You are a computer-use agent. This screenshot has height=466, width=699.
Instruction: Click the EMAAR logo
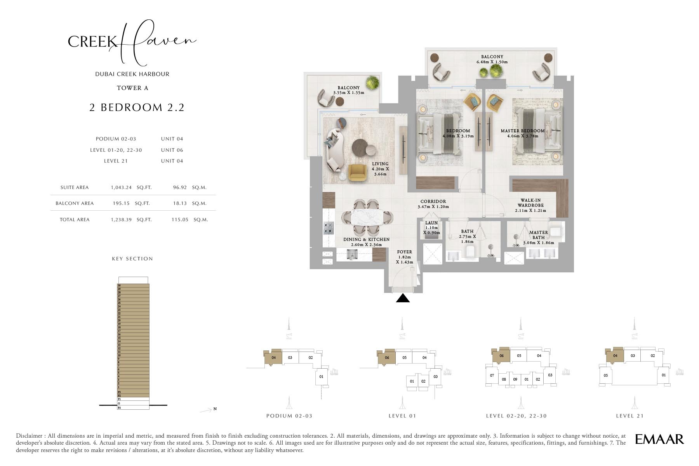[659, 439]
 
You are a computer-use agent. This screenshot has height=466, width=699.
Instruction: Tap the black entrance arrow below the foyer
[403, 298]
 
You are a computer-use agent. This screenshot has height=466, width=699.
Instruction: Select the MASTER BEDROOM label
[522, 131]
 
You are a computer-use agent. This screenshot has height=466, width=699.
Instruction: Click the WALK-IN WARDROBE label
[530, 203]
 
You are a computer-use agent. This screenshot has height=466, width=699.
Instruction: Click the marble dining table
[367, 217]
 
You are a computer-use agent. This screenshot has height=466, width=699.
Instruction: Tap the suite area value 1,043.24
[121, 187]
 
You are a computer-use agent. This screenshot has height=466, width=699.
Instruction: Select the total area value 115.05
[180, 220]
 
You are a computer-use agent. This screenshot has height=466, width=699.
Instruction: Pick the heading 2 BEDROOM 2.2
[137, 107]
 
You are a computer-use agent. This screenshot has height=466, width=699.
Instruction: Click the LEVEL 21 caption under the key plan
[629, 416]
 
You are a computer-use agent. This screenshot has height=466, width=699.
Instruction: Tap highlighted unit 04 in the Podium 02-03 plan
[273, 358]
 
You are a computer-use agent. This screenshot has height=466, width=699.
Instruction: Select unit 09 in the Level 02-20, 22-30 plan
[515, 379]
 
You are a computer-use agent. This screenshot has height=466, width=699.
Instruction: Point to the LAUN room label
[431, 223]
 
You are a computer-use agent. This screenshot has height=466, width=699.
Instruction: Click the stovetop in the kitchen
[329, 228]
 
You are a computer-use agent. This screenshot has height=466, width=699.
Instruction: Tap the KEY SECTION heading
[132, 259]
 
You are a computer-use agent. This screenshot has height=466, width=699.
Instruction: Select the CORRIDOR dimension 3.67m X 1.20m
[433, 207]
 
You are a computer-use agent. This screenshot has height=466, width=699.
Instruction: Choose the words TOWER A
[132, 88]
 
